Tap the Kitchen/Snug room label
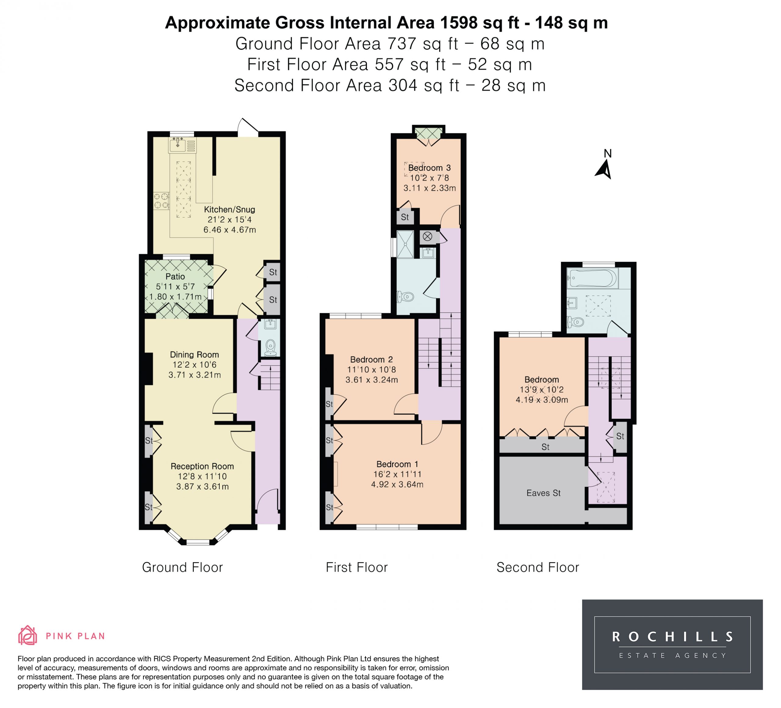click(x=229, y=210)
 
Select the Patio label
click(x=175, y=277)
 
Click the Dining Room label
click(x=194, y=354)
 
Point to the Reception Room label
click(x=202, y=466)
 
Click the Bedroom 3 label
click(x=429, y=168)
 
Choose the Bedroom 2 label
click(x=372, y=359)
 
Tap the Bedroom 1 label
click(x=397, y=464)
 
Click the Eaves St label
click(x=544, y=493)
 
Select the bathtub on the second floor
click(x=592, y=279)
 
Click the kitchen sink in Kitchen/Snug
click(x=182, y=145)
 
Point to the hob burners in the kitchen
click(x=161, y=201)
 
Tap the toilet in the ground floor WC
click(x=270, y=347)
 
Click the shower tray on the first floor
click(x=405, y=244)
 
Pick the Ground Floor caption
click(x=182, y=567)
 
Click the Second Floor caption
click(x=538, y=567)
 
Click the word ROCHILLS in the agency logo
click(x=672, y=637)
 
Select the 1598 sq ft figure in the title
click(x=479, y=23)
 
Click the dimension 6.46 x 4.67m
click(x=230, y=230)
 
